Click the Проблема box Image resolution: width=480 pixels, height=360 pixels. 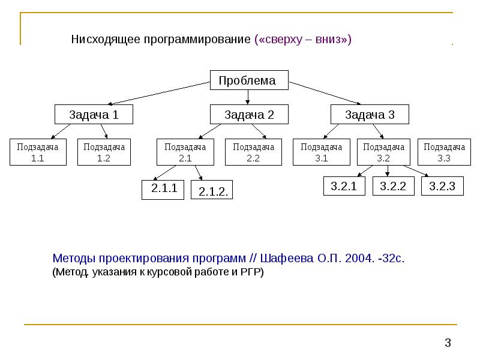pyautogui.click(x=249, y=80)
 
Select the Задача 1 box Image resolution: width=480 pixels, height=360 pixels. pyautogui.click(x=94, y=115)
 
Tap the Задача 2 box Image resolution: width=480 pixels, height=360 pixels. pyautogui.click(x=249, y=115)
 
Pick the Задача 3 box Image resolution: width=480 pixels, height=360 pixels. pyautogui.click(x=370, y=115)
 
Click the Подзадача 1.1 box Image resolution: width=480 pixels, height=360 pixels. pyautogui.click(x=38, y=152)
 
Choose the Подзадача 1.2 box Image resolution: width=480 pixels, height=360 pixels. pyautogui.click(x=104, y=152)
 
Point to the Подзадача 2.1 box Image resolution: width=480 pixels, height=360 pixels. pyautogui.click(x=185, y=152)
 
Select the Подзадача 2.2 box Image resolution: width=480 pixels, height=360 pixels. pyautogui.click(x=253, y=152)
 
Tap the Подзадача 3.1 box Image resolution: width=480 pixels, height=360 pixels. pyautogui.click(x=322, y=152)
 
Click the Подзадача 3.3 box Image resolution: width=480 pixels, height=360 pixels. pyautogui.click(x=444, y=152)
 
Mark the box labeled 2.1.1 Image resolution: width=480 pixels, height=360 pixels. pyautogui.click(x=163, y=190)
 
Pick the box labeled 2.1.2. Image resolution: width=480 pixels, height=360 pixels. pyautogui.click(x=212, y=190)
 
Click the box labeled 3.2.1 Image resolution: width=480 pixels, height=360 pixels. pyautogui.click(x=344, y=186)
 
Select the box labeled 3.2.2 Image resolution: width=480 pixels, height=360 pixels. pyautogui.click(x=394, y=186)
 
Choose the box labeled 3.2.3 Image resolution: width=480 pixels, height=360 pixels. pyautogui.click(x=442, y=186)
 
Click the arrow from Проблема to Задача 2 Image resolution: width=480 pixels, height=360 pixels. pyautogui.click(x=247, y=97)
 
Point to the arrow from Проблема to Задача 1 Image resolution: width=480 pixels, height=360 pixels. pyautogui.click(x=159, y=94)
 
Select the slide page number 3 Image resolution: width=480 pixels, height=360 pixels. pyautogui.click(x=448, y=343)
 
